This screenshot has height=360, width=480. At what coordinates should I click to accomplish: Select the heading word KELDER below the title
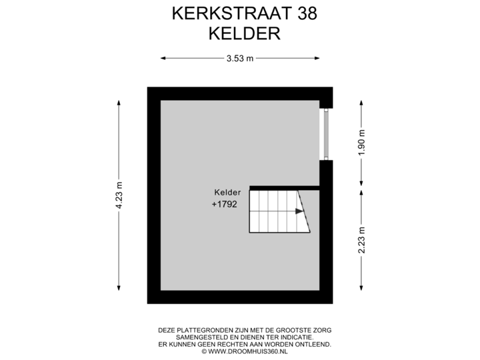coord(245,33)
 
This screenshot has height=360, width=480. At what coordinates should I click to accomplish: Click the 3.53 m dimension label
coord(240,59)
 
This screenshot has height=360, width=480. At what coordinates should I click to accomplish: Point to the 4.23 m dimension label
coord(119,195)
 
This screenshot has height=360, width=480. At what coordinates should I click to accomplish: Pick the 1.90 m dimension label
coord(361,142)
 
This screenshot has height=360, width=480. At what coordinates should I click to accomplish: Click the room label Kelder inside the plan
coord(227,192)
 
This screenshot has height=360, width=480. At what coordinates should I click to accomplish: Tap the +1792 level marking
coord(225,205)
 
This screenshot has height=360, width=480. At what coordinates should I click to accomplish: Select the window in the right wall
coord(325,133)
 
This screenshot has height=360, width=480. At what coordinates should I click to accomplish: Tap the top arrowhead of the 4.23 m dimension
coord(119,102)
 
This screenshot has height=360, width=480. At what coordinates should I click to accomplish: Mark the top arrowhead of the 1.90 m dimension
coord(361,102)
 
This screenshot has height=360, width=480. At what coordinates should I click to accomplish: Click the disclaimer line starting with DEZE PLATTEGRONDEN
coord(245,330)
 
